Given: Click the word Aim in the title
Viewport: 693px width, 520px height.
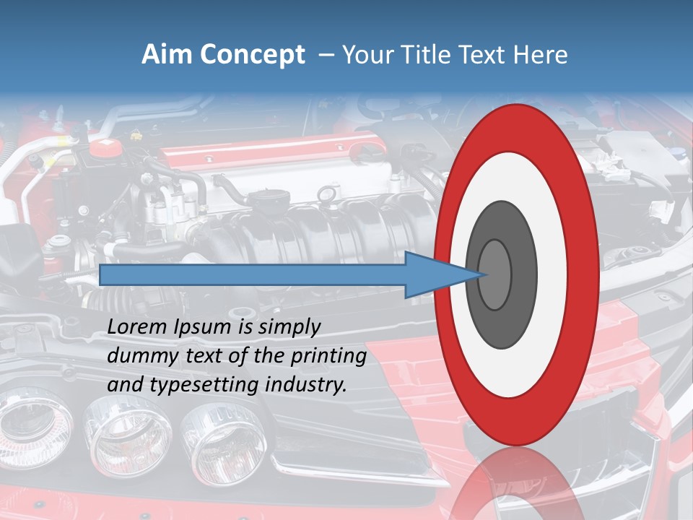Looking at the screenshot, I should click(168, 55).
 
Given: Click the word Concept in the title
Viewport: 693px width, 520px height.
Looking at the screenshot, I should click(252, 55).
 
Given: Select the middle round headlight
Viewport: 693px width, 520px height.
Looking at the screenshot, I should click(115, 433).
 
